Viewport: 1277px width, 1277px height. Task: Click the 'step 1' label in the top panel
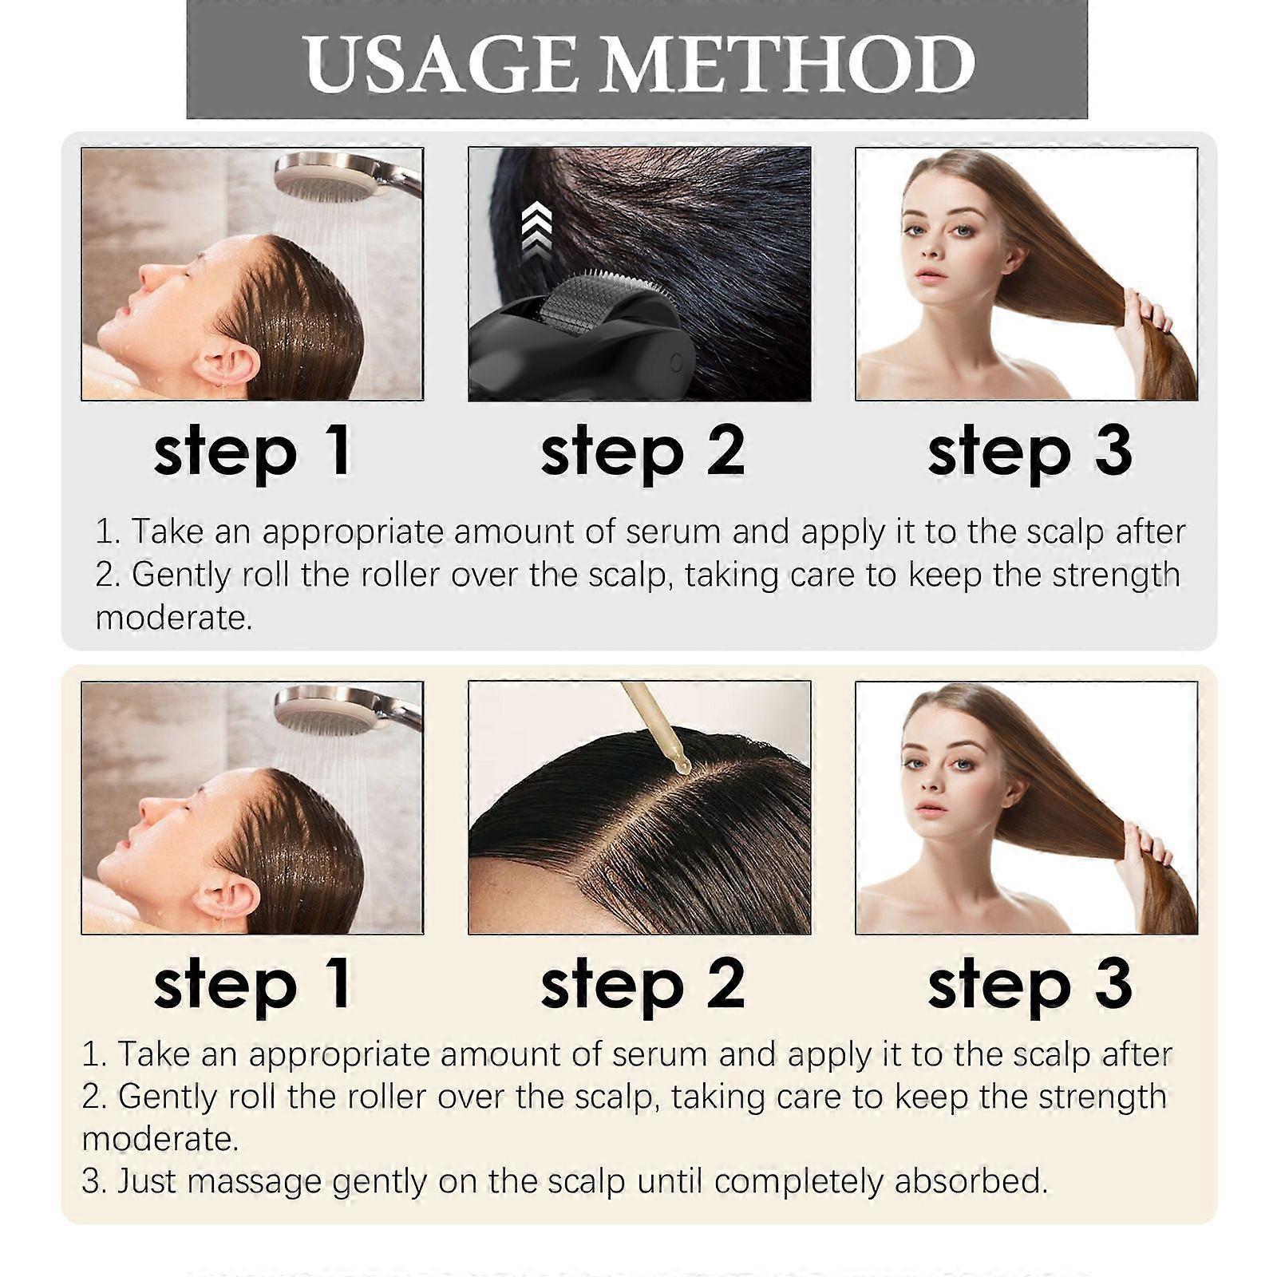pos(252,452)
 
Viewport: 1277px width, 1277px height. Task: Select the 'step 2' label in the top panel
pos(642,452)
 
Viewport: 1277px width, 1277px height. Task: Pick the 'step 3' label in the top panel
pos(1030,452)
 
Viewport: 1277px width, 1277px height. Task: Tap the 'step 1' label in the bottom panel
pos(252,986)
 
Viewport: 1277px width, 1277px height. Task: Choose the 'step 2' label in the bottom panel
pos(642,986)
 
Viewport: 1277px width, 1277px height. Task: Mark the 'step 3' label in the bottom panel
pos(1030,986)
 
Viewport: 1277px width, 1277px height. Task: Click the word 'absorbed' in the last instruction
pos(971,1182)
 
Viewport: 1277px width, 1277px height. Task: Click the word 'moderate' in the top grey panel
pos(173,618)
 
